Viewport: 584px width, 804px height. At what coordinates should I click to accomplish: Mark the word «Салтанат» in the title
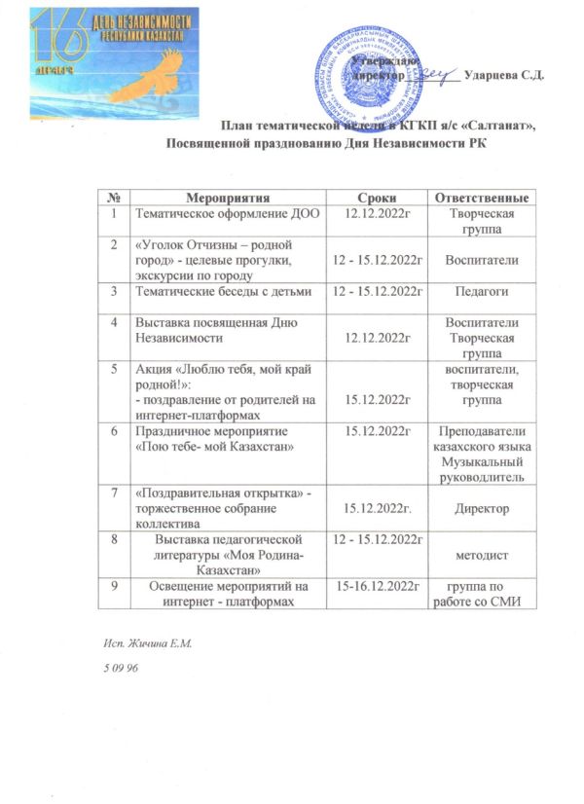coord(501,126)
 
